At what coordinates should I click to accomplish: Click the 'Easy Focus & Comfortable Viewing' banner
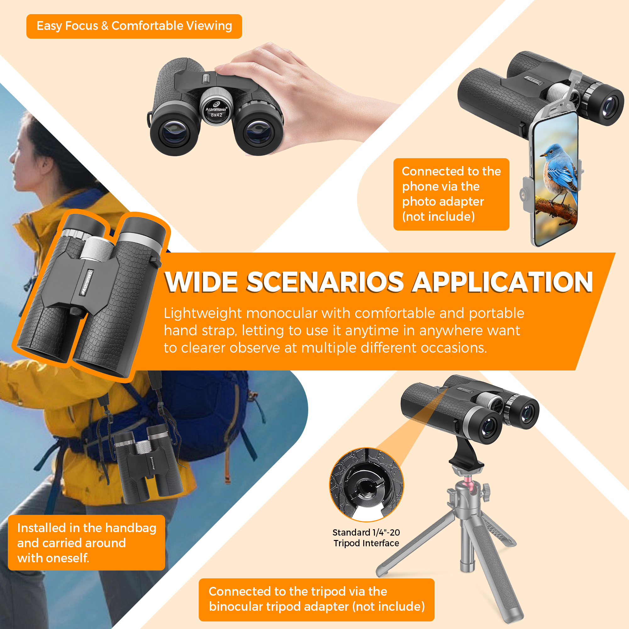134,26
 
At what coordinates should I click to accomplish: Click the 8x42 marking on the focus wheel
216,115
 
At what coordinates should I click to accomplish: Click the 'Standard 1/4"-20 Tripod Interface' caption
366,537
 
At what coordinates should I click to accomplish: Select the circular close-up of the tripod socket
367,484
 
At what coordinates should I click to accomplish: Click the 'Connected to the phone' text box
451,194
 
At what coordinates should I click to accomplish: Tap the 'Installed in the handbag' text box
86,543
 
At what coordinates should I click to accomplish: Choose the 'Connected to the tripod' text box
316,600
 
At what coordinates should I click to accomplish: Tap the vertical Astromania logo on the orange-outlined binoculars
87,282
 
